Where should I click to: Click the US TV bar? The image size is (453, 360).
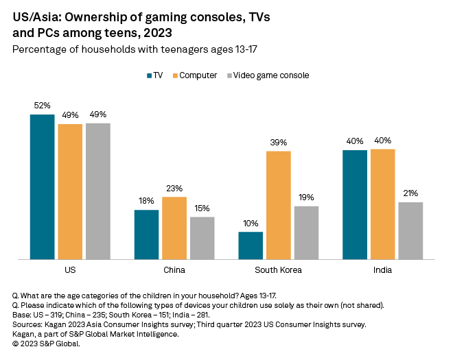pos(42,187)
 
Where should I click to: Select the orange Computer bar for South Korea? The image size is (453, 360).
pos(278,205)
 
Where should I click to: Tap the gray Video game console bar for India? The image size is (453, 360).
pos(410,230)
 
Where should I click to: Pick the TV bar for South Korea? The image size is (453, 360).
pos(251,245)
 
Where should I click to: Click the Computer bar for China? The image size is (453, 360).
pos(174,228)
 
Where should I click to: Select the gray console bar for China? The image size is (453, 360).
pos(202,238)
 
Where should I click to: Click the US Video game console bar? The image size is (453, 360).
pos(97,191)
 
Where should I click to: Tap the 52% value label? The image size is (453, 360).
pos(42,106)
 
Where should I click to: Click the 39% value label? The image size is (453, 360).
pos(278,142)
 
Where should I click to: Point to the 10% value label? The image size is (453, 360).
pos(251,223)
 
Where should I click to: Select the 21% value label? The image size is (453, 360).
pos(410,193)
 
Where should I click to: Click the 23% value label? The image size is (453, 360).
pos(174,188)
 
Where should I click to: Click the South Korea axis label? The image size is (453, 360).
pos(278,270)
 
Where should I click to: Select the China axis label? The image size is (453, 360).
pos(174,270)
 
